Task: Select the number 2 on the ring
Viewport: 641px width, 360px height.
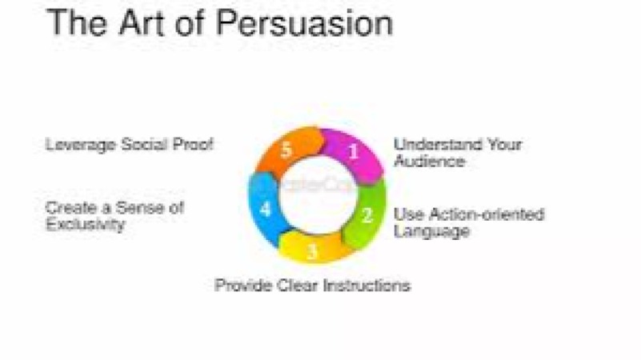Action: [367, 214]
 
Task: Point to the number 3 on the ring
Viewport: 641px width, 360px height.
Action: [313, 252]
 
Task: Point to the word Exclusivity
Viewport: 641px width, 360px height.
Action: [85, 225]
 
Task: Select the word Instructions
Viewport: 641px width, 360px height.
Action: [367, 285]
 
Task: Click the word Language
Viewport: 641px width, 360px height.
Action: [431, 231]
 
